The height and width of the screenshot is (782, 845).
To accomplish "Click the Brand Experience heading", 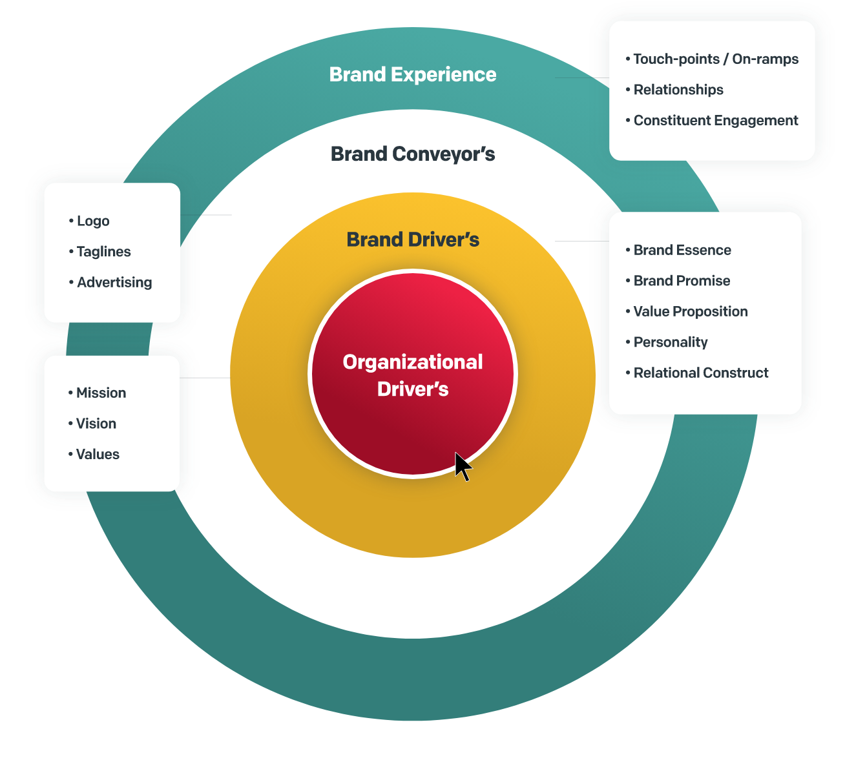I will tap(412, 75).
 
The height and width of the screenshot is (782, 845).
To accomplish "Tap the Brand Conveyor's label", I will tap(412, 154).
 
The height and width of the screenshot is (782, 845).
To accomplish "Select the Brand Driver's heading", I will tap(413, 240).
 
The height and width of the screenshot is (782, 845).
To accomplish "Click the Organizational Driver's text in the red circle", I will tap(413, 375).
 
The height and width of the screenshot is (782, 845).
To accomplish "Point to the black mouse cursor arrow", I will tap(463, 466).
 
